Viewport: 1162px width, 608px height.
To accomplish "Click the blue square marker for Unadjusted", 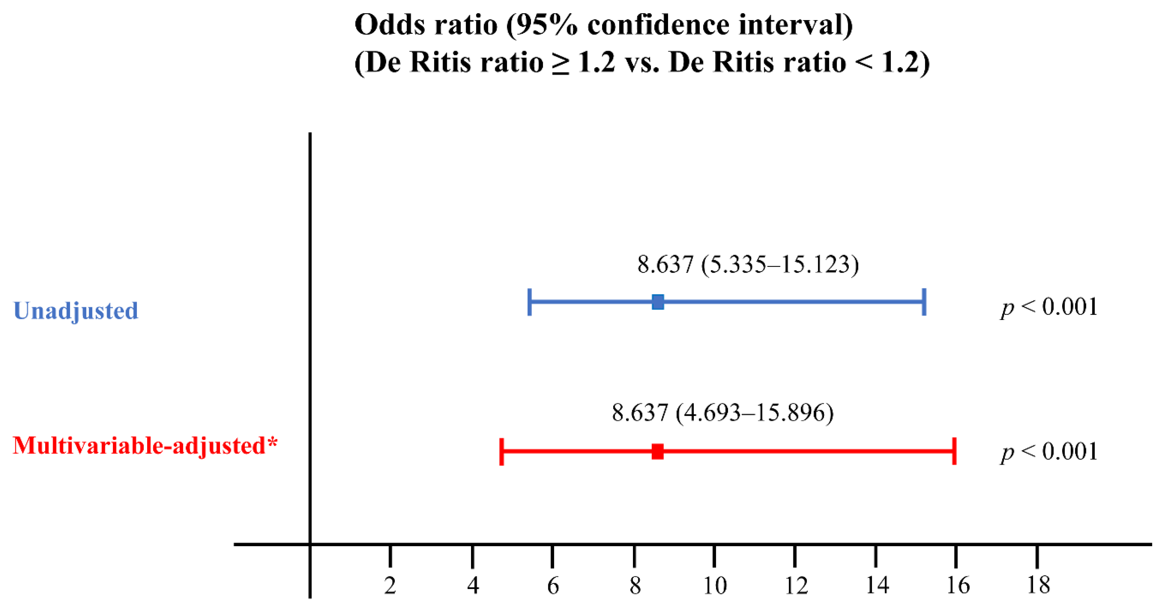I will [658, 302].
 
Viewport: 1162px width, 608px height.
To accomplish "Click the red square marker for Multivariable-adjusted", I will [658, 451].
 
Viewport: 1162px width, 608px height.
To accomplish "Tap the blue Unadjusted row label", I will [76, 311].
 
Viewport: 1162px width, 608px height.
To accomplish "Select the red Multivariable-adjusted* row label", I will [145, 445].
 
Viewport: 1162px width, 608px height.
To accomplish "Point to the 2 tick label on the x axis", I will [390, 585].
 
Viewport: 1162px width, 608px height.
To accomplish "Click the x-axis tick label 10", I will [715, 585].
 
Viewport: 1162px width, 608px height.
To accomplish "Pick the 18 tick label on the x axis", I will [1038, 585].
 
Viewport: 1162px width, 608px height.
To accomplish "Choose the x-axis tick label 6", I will [553, 585].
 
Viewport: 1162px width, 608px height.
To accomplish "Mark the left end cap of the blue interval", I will [530, 302].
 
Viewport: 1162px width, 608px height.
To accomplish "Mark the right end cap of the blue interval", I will [924, 302].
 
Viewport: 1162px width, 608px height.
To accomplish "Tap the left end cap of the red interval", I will [501, 451].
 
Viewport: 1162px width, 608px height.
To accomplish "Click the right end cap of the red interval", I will [955, 451].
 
